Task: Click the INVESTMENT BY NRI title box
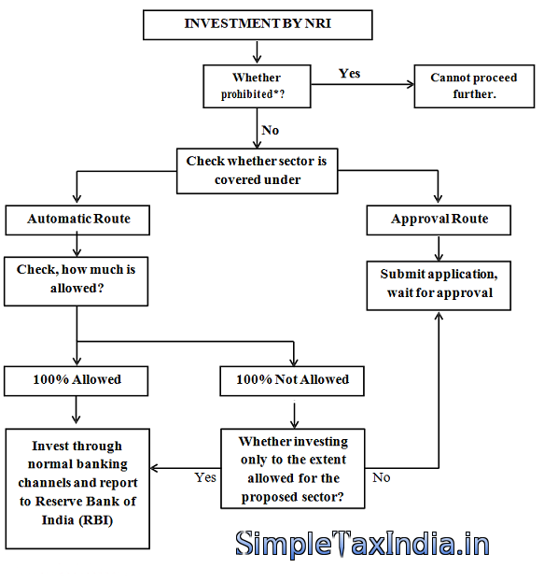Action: tap(258, 25)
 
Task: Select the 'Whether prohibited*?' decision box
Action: tap(257, 87)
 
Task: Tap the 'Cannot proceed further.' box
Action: tap(474, 87)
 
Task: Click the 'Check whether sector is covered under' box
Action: tap(258, 171)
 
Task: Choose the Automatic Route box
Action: tap(77, 220)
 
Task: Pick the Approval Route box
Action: tap(439, 220)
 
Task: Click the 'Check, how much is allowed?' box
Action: tap(76, 281)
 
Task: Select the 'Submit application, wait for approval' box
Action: tap(439, 286)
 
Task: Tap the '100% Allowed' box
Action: tap(76, 381)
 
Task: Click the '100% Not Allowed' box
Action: tap(292, 381)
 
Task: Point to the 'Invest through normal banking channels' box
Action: tap(77, 489)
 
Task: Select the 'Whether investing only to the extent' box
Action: tap(293, 469)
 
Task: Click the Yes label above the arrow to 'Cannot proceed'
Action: tap(350, 74)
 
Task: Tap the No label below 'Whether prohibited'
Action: tap(271, 130)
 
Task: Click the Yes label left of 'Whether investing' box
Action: tap(205, 477)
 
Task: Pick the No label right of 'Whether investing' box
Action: tap(382, 477)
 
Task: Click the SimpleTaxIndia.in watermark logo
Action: tap(363, 544)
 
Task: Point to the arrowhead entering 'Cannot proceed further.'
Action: tap(411, 85)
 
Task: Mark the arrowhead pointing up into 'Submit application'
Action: tap(439, 315)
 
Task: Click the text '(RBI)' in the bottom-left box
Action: tap(96, 520)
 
